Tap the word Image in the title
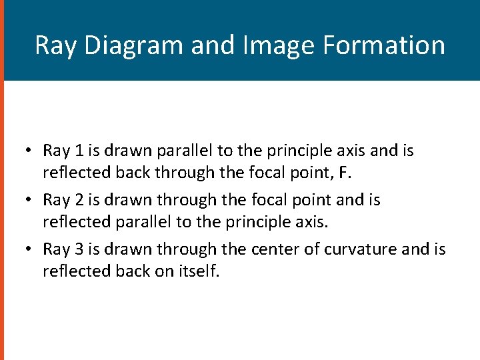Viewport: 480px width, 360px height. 271,45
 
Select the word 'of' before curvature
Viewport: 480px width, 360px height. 308,249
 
